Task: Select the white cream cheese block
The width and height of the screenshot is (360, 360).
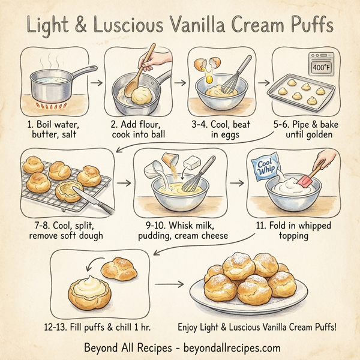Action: [x=192, y=161]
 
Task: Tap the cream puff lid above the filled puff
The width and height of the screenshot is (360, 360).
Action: [x=121, y=266]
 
